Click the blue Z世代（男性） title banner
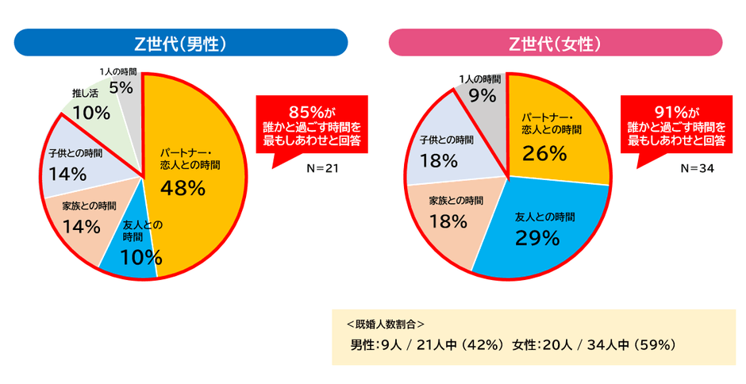click(181, 44)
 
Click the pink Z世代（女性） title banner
click(555, 44)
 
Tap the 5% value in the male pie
click(121, 87)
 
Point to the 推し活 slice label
click(85, 94)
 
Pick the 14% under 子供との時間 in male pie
click(66, 173)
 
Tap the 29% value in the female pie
click(538, 237)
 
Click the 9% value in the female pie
click(483, 96)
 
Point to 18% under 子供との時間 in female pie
click(439, 161)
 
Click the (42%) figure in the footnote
click(480, 345)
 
